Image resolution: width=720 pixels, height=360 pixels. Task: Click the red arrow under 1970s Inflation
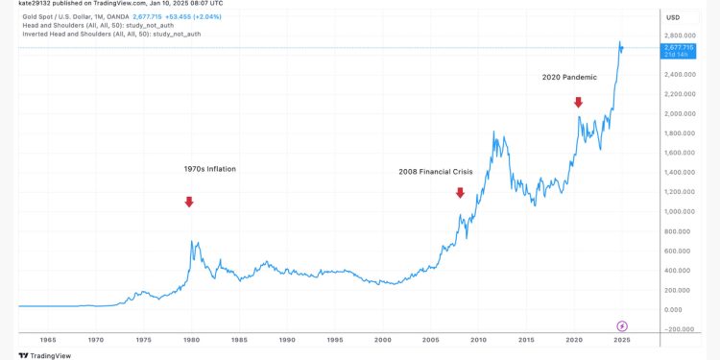(189, 202)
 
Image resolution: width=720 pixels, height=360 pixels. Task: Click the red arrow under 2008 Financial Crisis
(460, 193)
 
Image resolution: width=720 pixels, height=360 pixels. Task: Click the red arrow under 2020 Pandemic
(578, 102)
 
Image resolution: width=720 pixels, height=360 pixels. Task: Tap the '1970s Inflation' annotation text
(209, 169)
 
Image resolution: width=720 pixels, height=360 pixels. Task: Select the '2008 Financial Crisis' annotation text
(437, 172)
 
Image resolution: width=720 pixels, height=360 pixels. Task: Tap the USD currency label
(673, 17)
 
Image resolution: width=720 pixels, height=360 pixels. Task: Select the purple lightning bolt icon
(622, 326)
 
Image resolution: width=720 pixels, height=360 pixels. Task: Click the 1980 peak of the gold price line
(192, 242)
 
